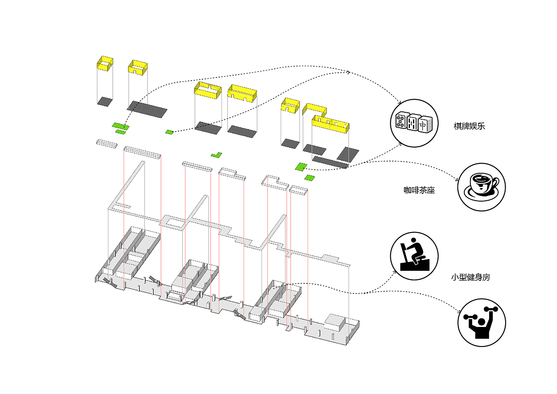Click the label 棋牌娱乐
tap(469, 127)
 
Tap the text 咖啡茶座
tap(419, 190)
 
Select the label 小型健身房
tap(470, 277)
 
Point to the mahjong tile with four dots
tap(400, 121)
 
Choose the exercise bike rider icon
tap(414, 255)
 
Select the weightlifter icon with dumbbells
tap(481, 323)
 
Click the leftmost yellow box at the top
tap(104, 64)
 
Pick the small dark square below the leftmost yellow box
tap(104, 101)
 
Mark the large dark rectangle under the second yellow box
tap(147, 109)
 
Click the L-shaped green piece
tap(216, 155)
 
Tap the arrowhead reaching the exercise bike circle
tap(395, 272)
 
